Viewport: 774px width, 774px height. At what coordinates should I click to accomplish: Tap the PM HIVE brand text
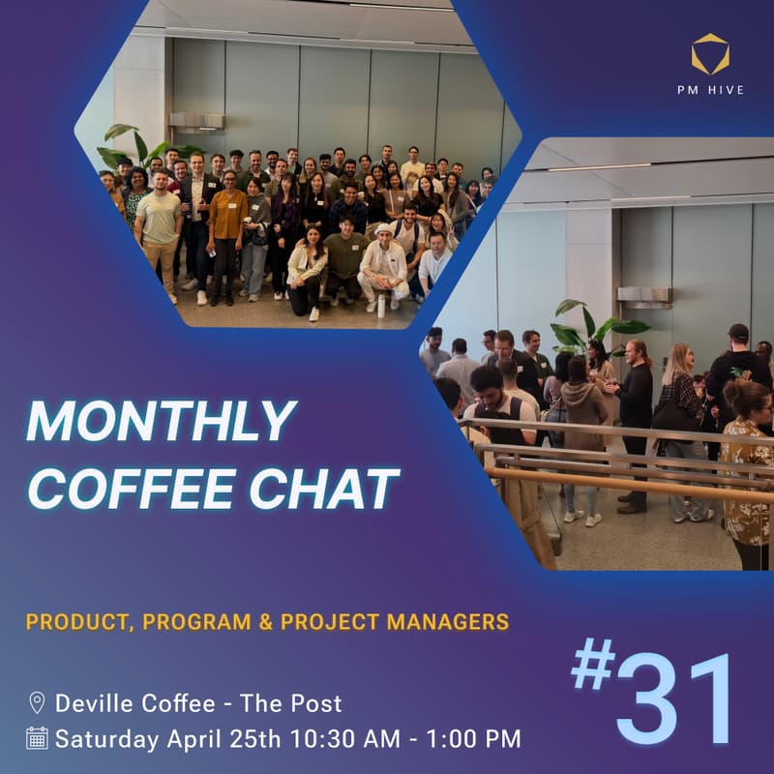coord(711,89)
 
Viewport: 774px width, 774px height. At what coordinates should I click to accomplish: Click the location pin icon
coord(38,702)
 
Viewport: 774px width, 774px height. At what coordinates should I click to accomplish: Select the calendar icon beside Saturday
coord(38,738)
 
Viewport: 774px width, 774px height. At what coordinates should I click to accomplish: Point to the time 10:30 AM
coord(365,739)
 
